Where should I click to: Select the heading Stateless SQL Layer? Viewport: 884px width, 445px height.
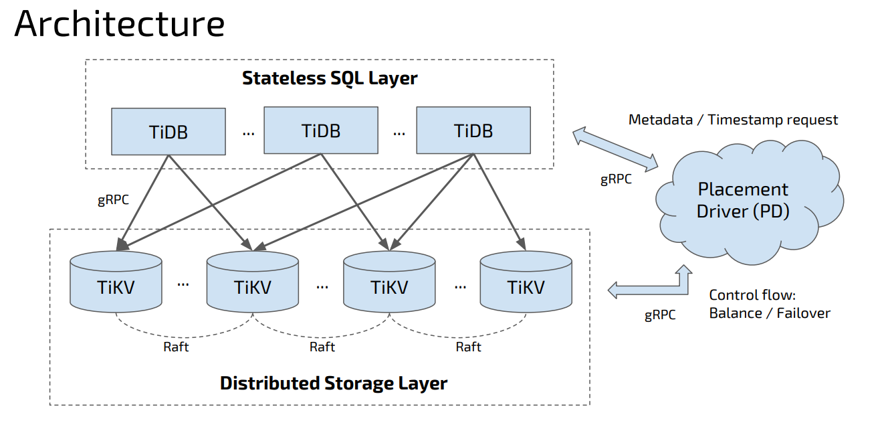pos(330,78)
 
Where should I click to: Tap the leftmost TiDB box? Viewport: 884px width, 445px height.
pos(169,131)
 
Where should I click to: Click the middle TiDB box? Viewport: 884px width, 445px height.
pos(321,130)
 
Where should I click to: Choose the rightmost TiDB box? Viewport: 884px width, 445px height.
pos(473,130)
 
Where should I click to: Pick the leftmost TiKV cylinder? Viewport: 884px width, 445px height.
pos(116,282)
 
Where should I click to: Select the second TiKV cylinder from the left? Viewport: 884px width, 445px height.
pos(253,282)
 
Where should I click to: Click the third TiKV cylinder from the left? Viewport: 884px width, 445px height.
pos(389,282)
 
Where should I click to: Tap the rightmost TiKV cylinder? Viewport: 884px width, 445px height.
pos(526,282)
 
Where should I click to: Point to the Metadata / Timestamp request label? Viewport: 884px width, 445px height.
pos(733,120)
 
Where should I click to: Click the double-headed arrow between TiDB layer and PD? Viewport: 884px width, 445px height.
pos(615,149)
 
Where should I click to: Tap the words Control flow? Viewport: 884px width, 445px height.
pos(752,295)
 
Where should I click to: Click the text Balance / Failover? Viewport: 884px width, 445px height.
pos(770,313)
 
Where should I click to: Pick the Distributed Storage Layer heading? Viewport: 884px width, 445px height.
pos(334,383)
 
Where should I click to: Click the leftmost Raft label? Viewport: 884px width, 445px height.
pos(176,347)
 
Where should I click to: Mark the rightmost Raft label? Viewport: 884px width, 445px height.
pos(469,347)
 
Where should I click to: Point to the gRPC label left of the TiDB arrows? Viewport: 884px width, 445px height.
pos(113,200)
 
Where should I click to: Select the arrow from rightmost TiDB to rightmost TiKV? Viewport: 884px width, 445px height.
pos(500,202)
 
